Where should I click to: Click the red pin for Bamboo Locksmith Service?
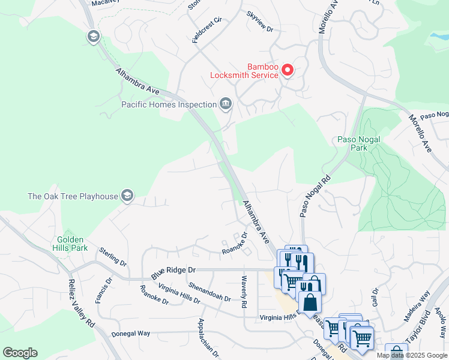[x=288, y=70]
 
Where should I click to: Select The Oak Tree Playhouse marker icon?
[x=126, y=196]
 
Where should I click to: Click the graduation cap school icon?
[x=93, y=37]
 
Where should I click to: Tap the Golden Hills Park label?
[x=72, y=243]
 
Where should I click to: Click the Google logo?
[x=20, y=353]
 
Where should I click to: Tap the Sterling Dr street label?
[x=113, y=256]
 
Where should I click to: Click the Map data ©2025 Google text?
[x=412, y=355]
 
